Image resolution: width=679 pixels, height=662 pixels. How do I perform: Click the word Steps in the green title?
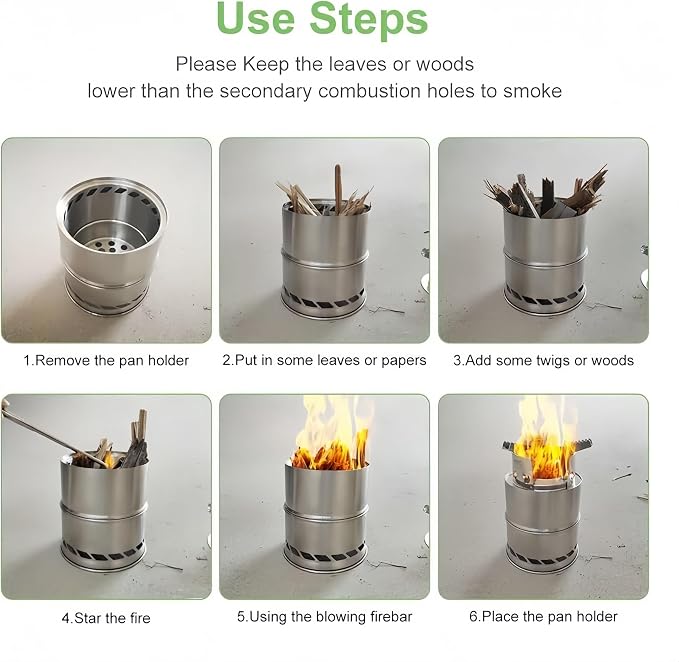(x=369, y=19)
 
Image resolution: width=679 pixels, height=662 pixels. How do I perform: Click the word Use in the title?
(x=255, y=18)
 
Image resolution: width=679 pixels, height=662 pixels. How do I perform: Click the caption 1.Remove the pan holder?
(x=106, y=361)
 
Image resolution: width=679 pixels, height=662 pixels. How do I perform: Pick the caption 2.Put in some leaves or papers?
(x=324, y=360)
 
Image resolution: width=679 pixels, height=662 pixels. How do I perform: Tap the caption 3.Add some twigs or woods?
(x=543, y=361)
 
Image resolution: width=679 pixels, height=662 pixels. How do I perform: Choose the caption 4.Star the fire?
(x=106, y=618)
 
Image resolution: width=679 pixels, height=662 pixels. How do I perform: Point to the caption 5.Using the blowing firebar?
(x=324, y=617)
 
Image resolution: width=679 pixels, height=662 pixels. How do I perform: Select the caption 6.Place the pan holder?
(x=543, y=616)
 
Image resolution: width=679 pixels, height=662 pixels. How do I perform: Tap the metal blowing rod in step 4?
(x=52, y=435)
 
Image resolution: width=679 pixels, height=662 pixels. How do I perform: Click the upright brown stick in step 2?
(x=338, y=189)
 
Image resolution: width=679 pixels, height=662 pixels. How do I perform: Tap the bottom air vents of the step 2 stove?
(x=323, y=300)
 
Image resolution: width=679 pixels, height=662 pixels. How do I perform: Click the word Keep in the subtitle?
(x=265, y=65)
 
